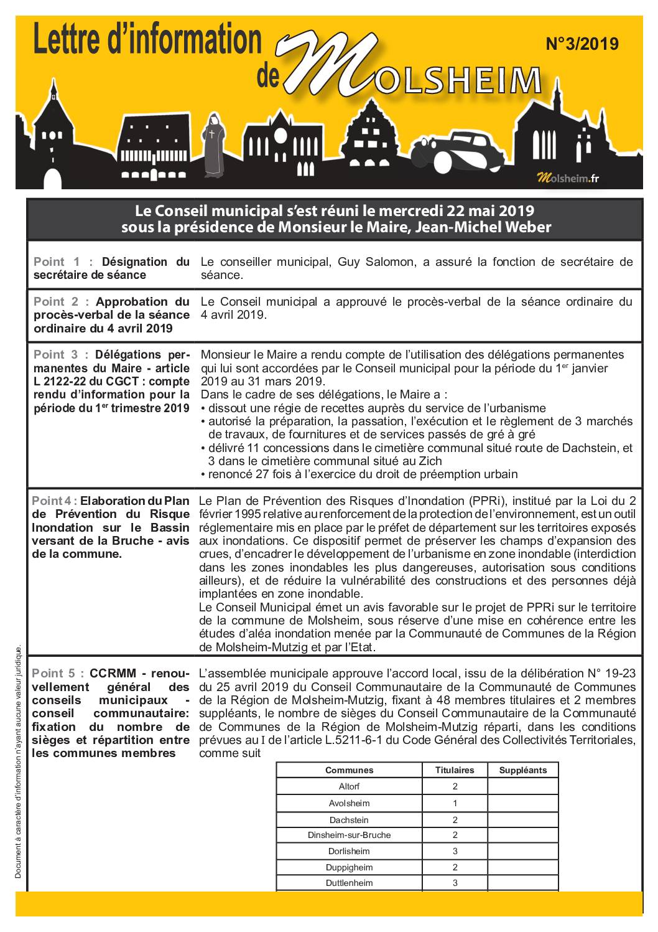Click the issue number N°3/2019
582,44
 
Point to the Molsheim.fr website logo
567,179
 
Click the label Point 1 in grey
57,262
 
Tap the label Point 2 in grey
57,302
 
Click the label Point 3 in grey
57,355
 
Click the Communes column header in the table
349,770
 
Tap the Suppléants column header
522,770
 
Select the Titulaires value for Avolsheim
455,803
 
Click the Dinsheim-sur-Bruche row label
349,836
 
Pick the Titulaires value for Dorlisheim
455,852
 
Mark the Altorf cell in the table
349,787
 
